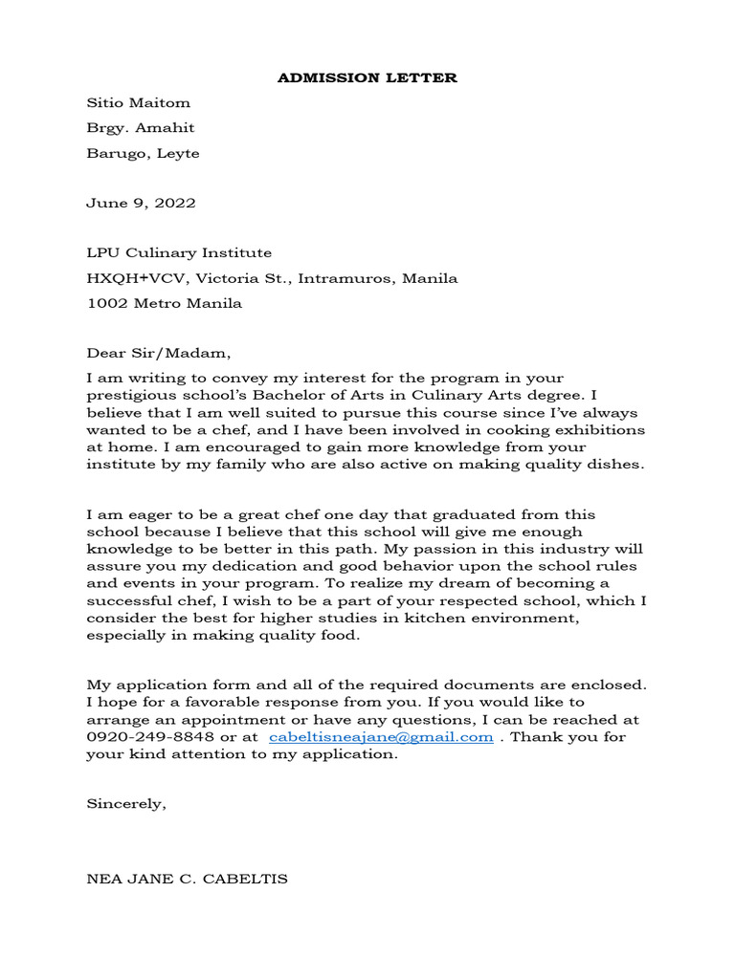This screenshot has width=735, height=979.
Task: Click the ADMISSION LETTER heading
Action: (x=367, y=77)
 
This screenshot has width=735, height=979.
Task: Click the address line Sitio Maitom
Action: (x=139, y=102)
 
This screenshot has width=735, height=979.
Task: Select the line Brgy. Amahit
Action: (x=141, y=128)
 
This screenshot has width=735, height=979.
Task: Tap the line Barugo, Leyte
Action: (x=143, y=153)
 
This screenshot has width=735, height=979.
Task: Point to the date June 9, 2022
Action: (x=141, y=203)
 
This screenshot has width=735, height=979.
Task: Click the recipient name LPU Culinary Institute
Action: (x=179, y=253)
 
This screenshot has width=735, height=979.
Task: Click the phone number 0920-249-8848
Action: (x=151, y=737)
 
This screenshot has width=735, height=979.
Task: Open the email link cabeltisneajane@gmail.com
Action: (x=381, y=737)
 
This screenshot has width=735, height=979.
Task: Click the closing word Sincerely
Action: (x=125, y=804)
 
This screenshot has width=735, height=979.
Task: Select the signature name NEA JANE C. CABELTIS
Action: (x=187, y=879)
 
